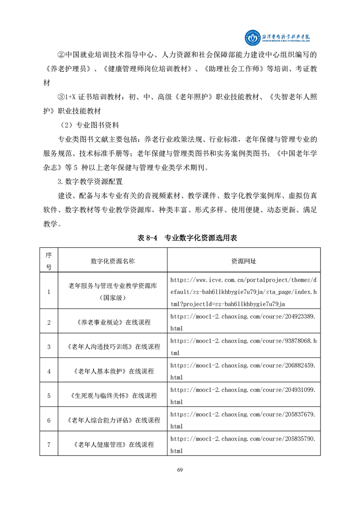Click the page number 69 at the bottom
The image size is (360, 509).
click(180, 470)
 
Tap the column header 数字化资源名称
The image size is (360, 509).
click(113, 261)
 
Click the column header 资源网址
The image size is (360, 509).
click(243, 261)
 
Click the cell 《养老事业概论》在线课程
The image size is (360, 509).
click(113, 322)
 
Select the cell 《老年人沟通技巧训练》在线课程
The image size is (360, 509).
click(113, 347)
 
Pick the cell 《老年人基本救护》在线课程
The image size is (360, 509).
click(113, 371)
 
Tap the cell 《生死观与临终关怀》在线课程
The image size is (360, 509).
click(113, 396)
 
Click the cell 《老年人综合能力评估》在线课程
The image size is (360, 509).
click(113, 420)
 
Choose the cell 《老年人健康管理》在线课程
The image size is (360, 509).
click(113, 445)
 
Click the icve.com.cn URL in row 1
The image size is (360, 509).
click(243, 292)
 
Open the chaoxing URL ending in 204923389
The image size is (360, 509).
click(243, 322)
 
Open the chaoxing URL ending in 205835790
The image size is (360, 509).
click(243, 445)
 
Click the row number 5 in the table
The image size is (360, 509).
click(49, 396)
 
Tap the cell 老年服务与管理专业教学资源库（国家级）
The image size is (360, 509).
click(113, 292)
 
